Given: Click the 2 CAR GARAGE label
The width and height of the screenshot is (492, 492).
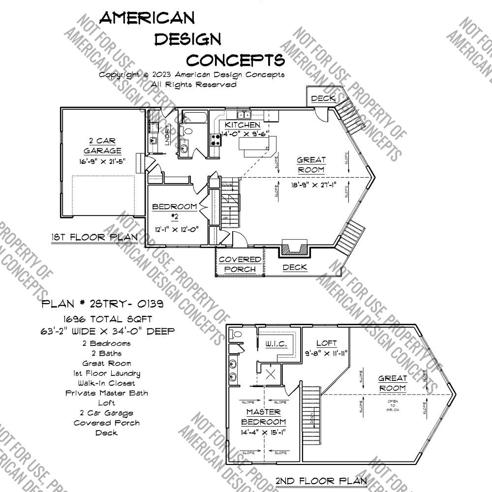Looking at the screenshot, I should (102, 146).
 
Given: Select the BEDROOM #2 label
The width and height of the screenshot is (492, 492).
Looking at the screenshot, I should (175, 211).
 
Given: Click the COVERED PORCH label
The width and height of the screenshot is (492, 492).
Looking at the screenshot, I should (240, 264).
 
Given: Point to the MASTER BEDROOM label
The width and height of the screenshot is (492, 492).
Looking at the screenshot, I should (264, 417).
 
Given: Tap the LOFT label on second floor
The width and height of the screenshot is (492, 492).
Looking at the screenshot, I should (326, 343).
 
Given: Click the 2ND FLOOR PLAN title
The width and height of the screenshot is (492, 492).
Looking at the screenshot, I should (321, 481).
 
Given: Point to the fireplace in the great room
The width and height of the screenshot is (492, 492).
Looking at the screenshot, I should (294, 247).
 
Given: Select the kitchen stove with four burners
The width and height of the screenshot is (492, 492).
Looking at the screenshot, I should (215, 140).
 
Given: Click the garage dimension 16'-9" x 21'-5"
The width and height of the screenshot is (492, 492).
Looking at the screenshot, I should (102, 161).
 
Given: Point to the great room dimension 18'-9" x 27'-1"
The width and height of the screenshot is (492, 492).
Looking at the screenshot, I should (310, 185).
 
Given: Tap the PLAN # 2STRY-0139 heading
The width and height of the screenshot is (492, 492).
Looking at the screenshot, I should (103, 304).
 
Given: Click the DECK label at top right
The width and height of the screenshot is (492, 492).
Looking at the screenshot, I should (323, 98).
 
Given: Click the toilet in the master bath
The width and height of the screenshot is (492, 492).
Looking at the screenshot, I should (236, 335).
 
